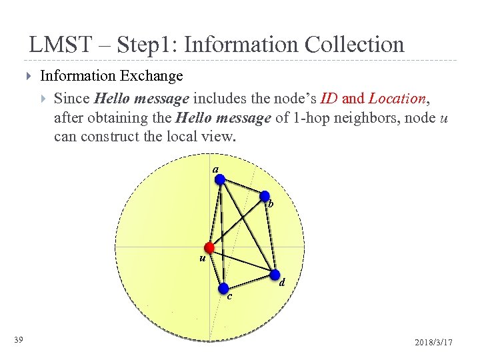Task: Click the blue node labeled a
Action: coord(220,179)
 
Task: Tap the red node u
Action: coord(209,247)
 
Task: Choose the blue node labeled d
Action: coord(275,275)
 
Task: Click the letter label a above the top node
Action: coord(215,169)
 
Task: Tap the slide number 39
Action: coord(19,341)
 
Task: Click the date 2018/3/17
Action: coord(433,342)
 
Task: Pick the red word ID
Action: coord(329,99)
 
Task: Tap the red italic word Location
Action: coord(397,99)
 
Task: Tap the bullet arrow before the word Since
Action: coord(45,99)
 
